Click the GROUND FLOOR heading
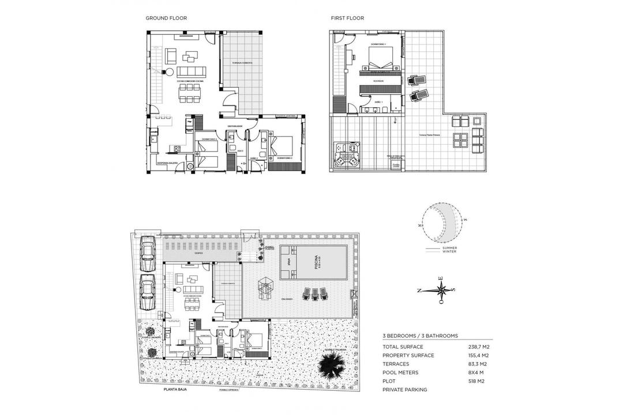(166, 18)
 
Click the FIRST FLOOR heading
(347, 18)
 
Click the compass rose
(441, 290)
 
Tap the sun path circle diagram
(442, 222)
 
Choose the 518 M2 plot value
(476, 382)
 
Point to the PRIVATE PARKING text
(404, 390)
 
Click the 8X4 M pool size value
(477, 373)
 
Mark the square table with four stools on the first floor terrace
(460, 139)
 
